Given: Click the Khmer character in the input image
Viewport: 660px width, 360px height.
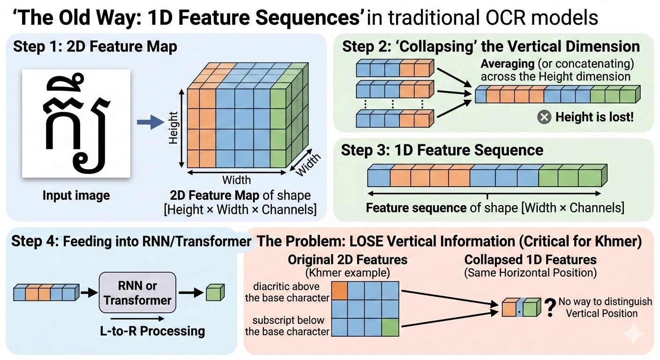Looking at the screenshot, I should [x=76, y=123].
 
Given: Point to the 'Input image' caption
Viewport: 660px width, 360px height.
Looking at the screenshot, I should [x=76, y=195].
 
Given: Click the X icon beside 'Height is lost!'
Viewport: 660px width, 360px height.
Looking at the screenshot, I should [x=544, y=117].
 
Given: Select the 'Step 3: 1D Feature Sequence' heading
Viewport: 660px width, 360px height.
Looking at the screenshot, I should [x=442, y=150].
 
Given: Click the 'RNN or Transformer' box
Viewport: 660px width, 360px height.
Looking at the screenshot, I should [x=138, y=293].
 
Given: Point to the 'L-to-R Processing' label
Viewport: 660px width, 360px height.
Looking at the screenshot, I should [x=153, y=331].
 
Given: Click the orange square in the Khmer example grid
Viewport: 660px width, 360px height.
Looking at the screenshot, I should [x=340, y=291].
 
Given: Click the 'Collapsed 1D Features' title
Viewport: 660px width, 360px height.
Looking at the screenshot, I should [x=530, y=260].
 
